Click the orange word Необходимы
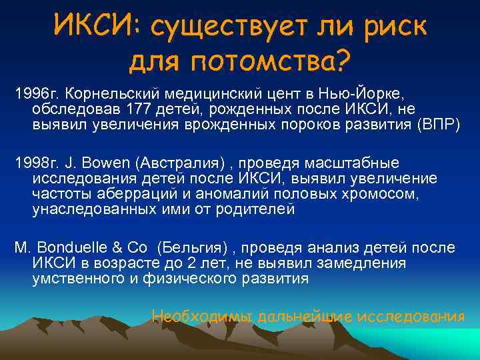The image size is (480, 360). click(x=203, y=315)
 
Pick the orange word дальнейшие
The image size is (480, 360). click(x=299, y=315)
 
